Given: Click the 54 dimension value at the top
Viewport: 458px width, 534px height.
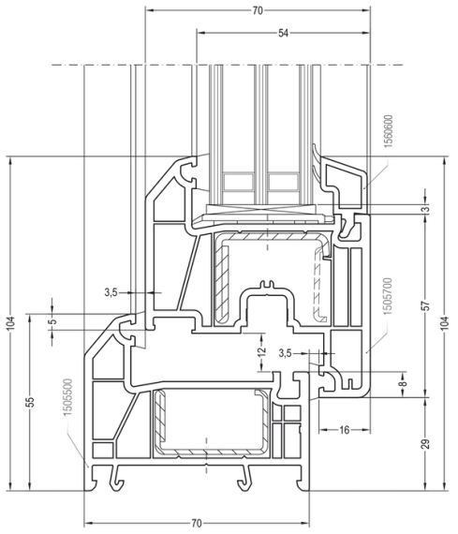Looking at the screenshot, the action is pyautogui.click(x=283, y=33).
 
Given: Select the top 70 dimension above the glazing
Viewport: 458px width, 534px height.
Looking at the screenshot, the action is pyautogui.click(x=258, y=11).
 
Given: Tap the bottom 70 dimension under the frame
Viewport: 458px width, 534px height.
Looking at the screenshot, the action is pyautogui.click(x=197, y=523).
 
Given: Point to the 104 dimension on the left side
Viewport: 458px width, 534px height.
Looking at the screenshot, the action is pyautogui.click(x=11, y=323).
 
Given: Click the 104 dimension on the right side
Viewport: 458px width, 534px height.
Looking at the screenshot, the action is pyautogui.click(x=445, y=323).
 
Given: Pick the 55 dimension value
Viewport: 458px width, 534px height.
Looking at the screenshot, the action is pyautogui.click(x=31, y=402).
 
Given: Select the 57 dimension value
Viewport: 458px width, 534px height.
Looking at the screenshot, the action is pyautogui.click(x=427, y=305).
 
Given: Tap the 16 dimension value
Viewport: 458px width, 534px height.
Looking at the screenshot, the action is pyautogui.click(x=345, y=430).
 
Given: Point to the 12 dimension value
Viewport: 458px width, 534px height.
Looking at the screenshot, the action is pyautogui.click(x=261, y=351).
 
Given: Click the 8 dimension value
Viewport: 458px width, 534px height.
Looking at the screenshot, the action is pyautogui.click(x=403, y=383).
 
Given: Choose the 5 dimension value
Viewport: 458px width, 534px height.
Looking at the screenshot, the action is pyautogui.click(x=52, y=321).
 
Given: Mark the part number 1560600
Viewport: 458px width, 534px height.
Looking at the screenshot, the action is pyautogui.click(x=388, y=131).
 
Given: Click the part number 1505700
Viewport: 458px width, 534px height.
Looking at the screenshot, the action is pyautogui.click(x=388, y=296).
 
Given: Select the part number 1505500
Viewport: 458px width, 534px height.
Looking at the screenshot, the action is pyautogui.click(x=67, y=397).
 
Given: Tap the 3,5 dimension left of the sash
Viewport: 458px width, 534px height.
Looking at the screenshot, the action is pyautogui.click(x=111, y=292).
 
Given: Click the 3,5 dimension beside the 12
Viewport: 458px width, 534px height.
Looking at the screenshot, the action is pyautogui.click(x=285, y=353).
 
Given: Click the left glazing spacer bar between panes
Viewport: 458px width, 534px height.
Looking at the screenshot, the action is pyautogui.click(x=238, y=181).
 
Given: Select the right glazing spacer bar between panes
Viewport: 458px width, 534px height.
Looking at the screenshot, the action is pyautogui.click(x=283, y=181).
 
